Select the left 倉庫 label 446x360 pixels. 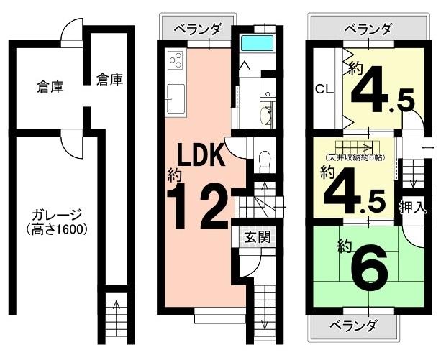click(x=50, y=87)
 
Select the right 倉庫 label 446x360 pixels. click(x=109, y=80)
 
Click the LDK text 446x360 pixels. click(x=201, y=155)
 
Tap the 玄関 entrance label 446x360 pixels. click(x=258, y=236)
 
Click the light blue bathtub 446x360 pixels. click(x=257, y=43)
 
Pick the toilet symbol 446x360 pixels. click(x=265, y=161)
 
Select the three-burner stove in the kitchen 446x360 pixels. click(x=175, y=60)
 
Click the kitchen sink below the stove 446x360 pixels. click(x=176, y=98)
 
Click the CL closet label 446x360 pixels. click(x=324, y=90)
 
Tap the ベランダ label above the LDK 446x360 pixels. click(x=197, y=29)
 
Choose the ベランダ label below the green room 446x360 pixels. click(x=354, y=326)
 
